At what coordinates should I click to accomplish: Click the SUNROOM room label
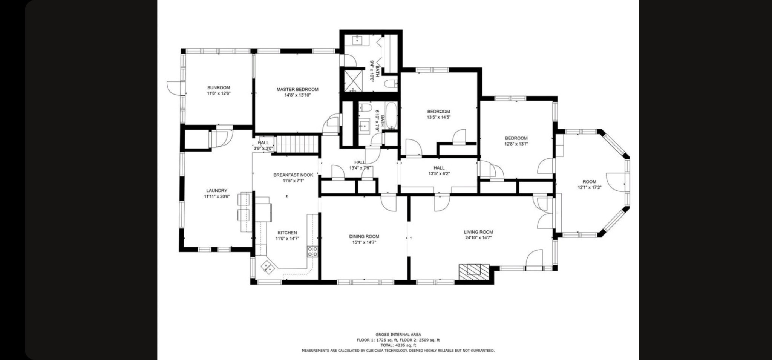click(219, 88)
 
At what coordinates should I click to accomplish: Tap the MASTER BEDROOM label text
click(297, 90)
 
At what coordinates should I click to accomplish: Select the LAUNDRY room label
click(217, 191)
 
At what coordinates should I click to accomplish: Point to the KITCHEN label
click(287, 233)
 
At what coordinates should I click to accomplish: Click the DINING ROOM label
click(364, 237)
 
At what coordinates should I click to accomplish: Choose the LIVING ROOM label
click(478, 232)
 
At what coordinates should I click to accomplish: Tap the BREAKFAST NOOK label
click(293, 175)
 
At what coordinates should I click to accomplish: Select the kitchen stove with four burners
click(312, 251)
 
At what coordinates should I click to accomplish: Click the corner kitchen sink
click(267, 267)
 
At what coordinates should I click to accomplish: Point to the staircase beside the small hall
click(297, 144)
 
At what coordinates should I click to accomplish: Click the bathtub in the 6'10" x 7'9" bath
click(391, 116)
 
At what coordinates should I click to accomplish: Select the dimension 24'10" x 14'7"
click(478, 238)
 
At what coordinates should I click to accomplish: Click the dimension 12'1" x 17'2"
click(590, 187)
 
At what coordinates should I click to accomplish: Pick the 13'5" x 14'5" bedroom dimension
click(438, 117)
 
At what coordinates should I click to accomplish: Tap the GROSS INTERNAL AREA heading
click(398, 334)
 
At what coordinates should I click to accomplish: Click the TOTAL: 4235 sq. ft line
click(398, 345)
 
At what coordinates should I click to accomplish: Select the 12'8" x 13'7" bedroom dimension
click(516, 144)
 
